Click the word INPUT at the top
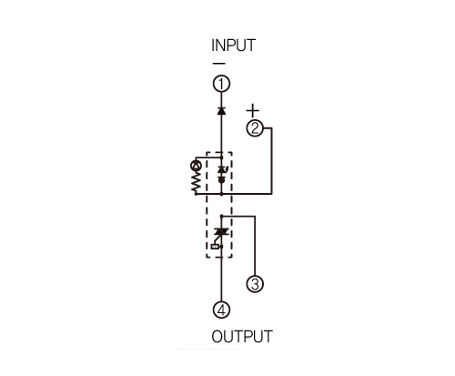(233, 46)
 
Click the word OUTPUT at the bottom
(242, 337)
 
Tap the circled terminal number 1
(221, 84)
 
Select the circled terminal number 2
(255, 128)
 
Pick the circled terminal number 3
(255, 284)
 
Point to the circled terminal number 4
(221, 310)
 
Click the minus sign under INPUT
(219, 64)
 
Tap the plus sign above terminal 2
(253, 110)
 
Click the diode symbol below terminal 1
(221, 110)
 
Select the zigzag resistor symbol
(196, 181)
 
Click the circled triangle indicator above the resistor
(196, 166)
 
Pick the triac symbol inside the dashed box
(221, 232)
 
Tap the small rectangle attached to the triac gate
(215, 247)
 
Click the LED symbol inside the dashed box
(223, 170)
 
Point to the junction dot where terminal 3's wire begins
(221, 217)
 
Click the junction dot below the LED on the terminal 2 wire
(221, 193)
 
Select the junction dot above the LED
(221, 158)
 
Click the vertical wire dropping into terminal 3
(255, 246)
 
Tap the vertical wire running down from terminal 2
(272, 161)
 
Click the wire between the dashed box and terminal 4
(221, 279)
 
